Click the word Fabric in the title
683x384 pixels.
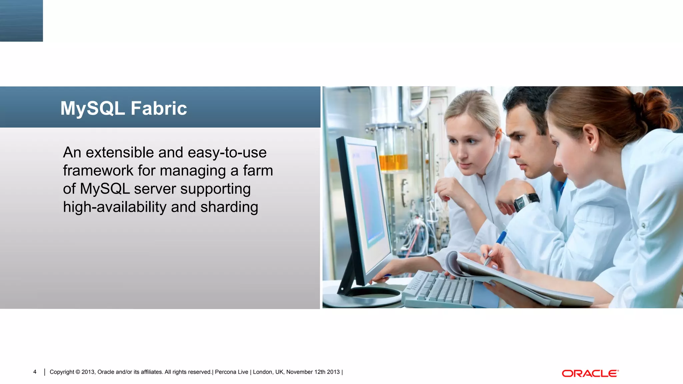click(x=159, y=108)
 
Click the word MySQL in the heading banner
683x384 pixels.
click(x=93, y=108)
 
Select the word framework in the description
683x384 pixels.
click(x=98, y=171)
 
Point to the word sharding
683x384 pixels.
click(x=229, y=207)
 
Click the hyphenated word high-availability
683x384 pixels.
click(x=115, y=207)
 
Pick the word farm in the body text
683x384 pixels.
click(x=258, y=171)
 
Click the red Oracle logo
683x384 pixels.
click(x=590, y=373)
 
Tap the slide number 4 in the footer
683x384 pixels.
click(x=35, y=372)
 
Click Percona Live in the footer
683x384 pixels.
click(x=231, y=372)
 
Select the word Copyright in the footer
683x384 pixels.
click(x=62, y=372)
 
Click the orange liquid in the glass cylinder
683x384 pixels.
click(x=394, y=162)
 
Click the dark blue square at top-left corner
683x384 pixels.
click(x=21, y=21)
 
